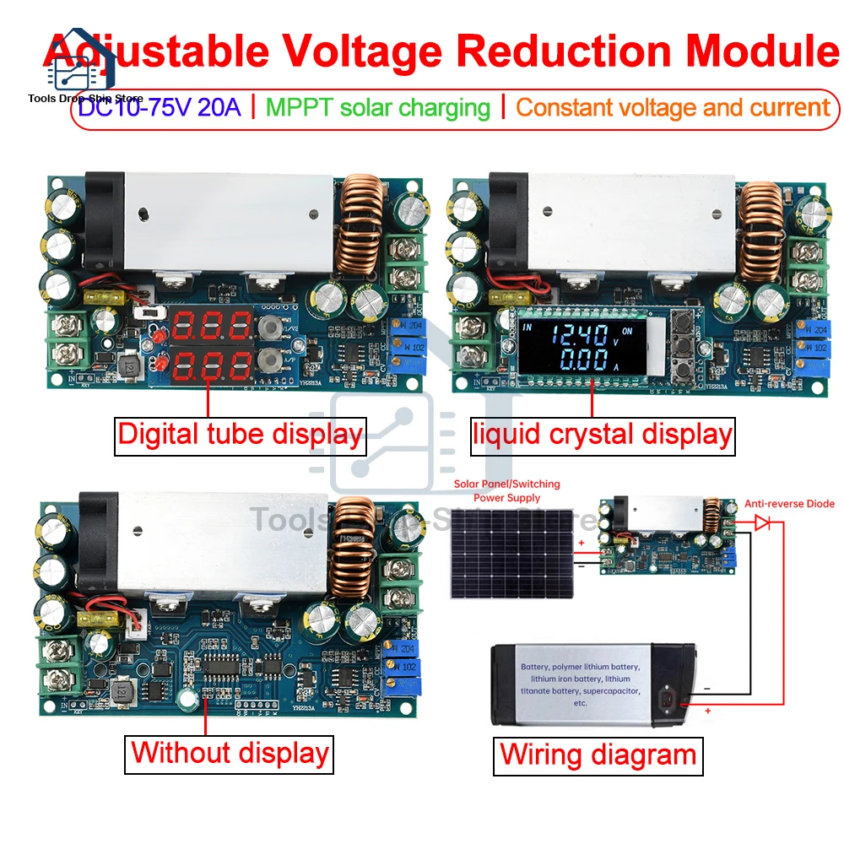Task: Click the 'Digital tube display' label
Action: (240, 435)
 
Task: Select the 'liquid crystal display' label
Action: (601, 435)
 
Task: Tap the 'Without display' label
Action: (230, 752)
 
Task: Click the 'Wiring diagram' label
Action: (598, 754)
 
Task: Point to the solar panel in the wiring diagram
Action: (511, 553)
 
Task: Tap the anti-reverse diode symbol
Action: (761, 523)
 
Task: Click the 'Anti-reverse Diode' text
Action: (789, 504)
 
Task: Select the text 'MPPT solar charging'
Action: (377, 108)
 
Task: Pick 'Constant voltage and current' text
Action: (673, 108)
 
